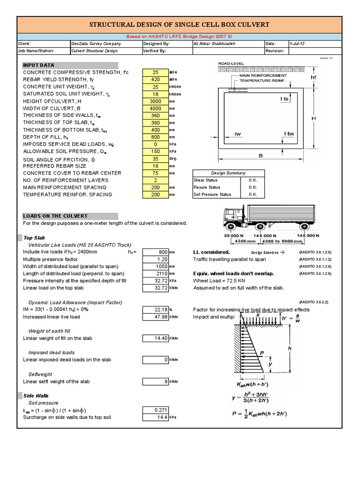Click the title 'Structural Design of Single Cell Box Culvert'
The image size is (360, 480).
click(x=180, y=25)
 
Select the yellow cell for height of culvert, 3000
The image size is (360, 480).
click(x=156, y=101)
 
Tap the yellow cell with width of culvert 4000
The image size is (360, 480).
click(x=156, y=108)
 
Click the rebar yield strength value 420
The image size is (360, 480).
click(x=156, y=80)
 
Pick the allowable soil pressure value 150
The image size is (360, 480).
click(x=156, y=151)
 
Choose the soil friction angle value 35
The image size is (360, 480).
click(x=156, y=159)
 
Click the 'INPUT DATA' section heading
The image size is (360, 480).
click(x=38, y=65)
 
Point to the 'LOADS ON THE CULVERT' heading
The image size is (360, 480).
click(x=55, y=216)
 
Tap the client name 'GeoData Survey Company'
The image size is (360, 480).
click(x=96, y=44)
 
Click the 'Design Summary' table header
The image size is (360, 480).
click(x=228, y=173)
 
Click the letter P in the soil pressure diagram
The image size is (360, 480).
click(x=262, y=353)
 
